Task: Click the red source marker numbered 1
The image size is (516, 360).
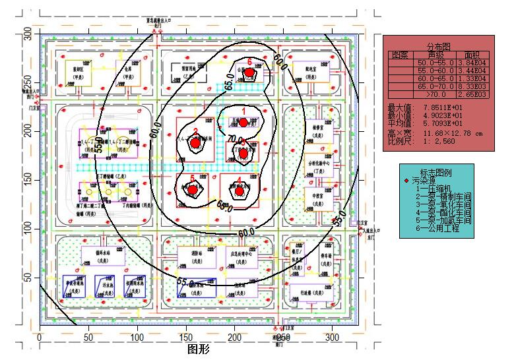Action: (243, 122)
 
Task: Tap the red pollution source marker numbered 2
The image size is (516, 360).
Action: (195, 143)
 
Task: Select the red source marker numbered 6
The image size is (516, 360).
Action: (249, 72)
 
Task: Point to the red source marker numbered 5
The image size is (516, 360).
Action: (193, 190)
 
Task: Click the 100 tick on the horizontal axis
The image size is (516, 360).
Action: (137, 337)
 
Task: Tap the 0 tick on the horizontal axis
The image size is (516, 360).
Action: (40, 337)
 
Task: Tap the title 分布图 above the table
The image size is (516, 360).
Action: (438, 47)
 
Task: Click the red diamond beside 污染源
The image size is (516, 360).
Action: (407, 180)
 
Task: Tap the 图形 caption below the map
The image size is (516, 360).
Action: (199, 349)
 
